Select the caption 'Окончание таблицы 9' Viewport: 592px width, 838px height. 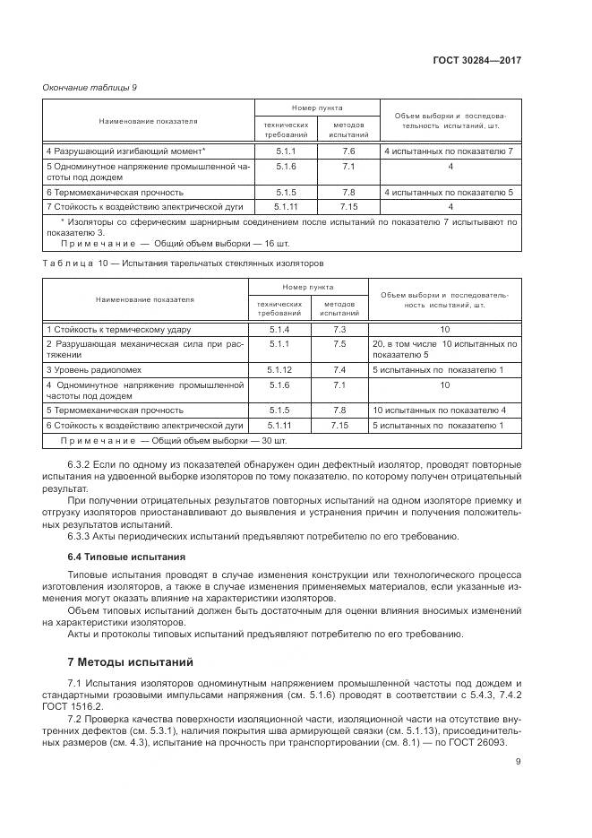coord(90,87)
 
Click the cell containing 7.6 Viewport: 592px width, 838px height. coord(348,151)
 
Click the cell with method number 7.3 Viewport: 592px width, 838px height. coord(339,330)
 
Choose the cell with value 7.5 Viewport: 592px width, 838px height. coord(339,343)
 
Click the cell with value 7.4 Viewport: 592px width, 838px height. coord(339,369)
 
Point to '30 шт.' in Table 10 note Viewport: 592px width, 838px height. coord(271,441)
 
